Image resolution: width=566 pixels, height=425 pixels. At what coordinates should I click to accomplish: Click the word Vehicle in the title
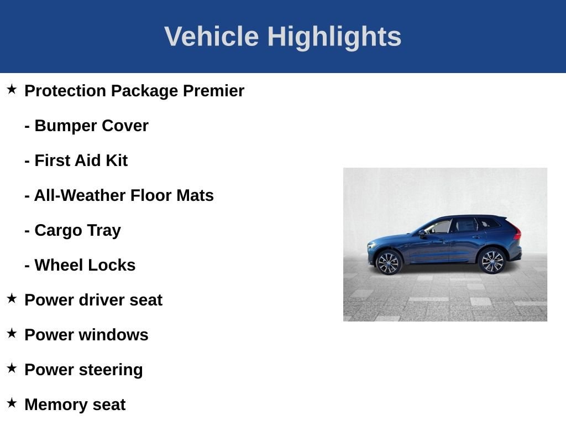pyautogui.click(x=212, y=37)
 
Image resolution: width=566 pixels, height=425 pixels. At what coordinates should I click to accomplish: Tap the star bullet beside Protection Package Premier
pyautogui.click(x=12, y=89)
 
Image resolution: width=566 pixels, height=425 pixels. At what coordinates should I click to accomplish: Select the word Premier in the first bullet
pyautogui.click(x=214, y=91)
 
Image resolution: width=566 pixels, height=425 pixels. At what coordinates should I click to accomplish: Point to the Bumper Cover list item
pyautogui.click(x=87, y=126)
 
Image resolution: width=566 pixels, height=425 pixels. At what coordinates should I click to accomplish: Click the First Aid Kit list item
pyautogui.click(x=76, y=160)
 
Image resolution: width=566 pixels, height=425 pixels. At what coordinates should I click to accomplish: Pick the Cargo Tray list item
pyautogui.click(x=73, y=231)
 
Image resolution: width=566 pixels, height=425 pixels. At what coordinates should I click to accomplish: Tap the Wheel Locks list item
pyautogui.click(x=80, y=265)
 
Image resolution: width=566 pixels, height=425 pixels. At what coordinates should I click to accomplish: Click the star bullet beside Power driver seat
pyautogui.click(x=12, y=298)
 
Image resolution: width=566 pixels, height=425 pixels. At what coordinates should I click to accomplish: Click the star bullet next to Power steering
pyautogui.click(x=12, y=368)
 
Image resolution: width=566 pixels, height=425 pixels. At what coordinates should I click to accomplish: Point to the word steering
pyautogui.click(x=111, y=370)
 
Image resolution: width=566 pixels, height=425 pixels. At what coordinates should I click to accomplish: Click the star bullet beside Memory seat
pyautogui.click(x=12, y=403)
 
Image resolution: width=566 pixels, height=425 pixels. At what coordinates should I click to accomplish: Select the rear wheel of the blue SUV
pyautogui.click(x=491, y=261)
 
